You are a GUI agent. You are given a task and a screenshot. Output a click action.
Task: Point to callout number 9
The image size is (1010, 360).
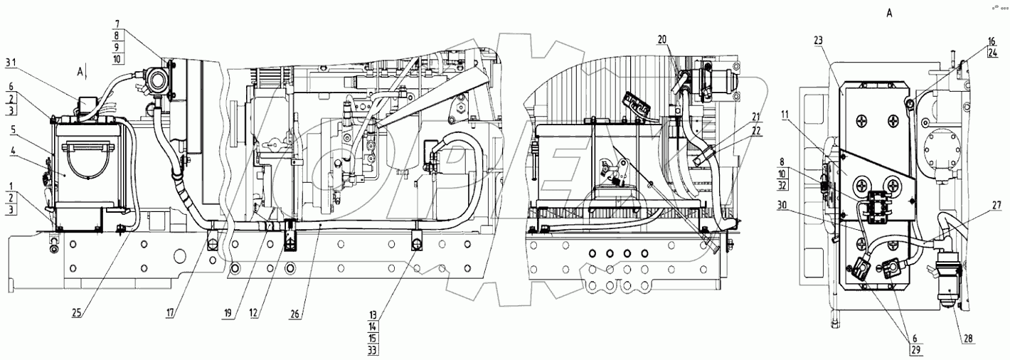click(x=117, y=46)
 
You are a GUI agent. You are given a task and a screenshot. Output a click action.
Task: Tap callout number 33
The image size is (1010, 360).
click(x=373, y=349)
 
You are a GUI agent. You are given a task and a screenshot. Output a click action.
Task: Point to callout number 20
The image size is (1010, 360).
click(x=663, y=40)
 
